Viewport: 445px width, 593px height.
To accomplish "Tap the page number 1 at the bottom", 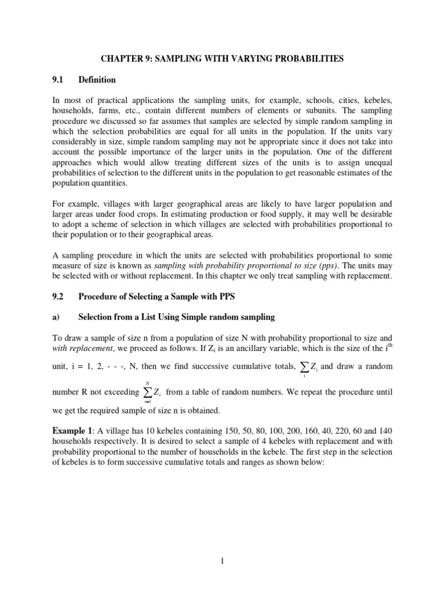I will coord(222,561).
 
